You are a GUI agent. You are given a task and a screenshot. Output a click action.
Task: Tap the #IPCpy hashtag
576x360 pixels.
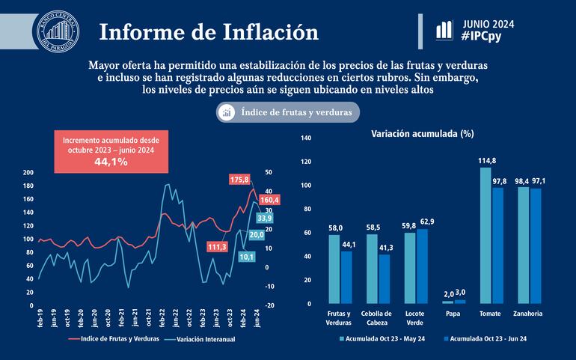coord(487,35)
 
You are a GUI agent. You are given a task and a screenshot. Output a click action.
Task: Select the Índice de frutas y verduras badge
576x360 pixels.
coord(288,112)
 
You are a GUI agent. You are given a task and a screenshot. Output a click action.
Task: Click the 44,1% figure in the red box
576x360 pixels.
coord(110,161)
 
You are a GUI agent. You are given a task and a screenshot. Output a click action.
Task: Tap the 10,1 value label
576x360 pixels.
coord(247,257)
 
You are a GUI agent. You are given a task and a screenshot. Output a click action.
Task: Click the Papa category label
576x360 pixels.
coord(453,314)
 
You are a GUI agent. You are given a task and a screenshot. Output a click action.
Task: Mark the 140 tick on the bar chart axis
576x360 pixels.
coord(304,138)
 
